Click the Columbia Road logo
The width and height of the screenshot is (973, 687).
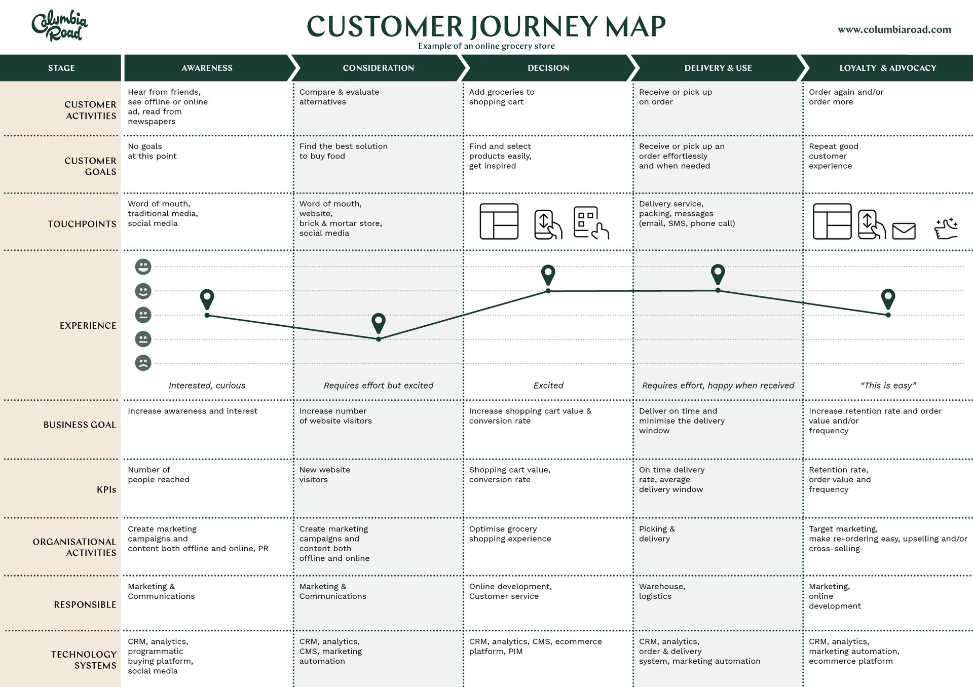pos(60,25)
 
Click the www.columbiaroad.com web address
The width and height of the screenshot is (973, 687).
pos(894,29)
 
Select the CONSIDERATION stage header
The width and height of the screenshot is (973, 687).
pos(378,68)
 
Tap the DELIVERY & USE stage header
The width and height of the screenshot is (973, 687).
pos(718,68)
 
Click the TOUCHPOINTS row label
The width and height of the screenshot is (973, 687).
pos(82,224)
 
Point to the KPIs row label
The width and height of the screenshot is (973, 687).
pos(106,489)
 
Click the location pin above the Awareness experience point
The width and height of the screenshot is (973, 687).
pos(207,299)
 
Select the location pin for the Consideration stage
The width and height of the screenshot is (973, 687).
pos(379,322)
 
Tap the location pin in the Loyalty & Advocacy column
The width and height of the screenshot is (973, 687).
pos(888,298)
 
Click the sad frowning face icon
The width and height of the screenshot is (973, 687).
pos(143,363)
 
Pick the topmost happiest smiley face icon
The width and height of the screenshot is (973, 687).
pos(143,266)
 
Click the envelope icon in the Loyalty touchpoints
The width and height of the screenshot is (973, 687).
pos(904,231)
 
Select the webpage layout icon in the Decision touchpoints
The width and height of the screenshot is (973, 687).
pos(499,221)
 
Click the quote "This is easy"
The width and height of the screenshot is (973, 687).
pos(888,386)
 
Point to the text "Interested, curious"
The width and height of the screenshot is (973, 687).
pos(207,386)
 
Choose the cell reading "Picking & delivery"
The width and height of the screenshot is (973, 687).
pos(657,533)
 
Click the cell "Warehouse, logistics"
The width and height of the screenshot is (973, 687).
pos(662,591)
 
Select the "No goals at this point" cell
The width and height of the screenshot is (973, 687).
pos(152,151)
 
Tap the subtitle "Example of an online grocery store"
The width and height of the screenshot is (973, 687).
pos(486,46)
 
